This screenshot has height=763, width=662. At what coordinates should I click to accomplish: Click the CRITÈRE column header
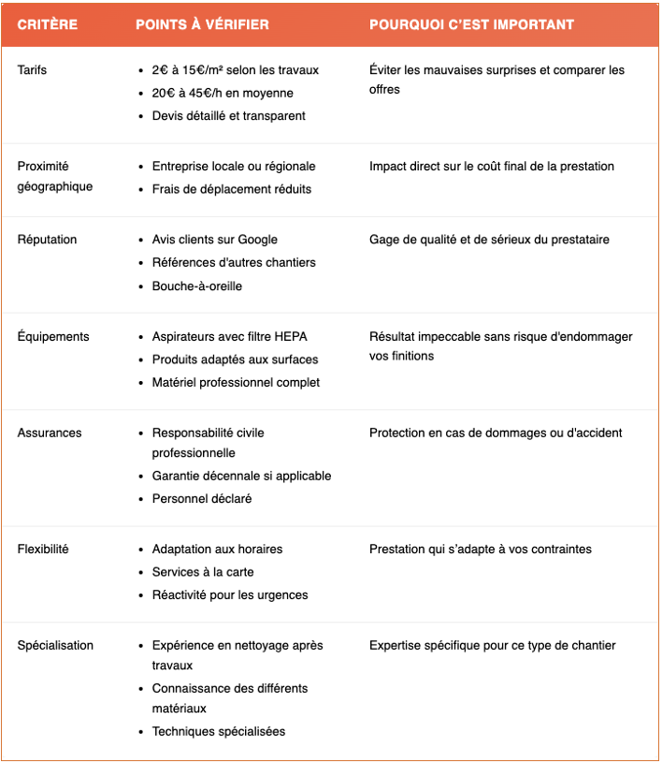coord(47,24)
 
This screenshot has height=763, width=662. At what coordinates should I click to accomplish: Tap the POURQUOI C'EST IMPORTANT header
coord(471,24)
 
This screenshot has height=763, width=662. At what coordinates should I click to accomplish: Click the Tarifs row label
coord(32,70)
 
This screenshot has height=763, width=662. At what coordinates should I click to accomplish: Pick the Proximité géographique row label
coord(54,176)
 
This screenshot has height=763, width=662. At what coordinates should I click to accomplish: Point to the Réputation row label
coord(47,240)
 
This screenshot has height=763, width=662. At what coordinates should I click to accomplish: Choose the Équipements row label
coord(53,336)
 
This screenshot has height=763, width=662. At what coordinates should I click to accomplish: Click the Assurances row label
coord(50,433)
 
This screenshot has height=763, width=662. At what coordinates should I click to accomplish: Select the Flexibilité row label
coord(43,549)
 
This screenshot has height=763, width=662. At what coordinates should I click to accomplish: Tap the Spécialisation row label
coord(55,645)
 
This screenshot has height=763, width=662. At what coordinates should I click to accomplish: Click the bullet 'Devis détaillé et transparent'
coord(228,116)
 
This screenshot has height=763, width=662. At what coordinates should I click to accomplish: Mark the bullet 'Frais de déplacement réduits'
coord(232,189)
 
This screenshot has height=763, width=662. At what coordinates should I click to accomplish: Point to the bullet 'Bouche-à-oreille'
coord(196,286)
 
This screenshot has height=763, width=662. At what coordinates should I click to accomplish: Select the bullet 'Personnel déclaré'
coord(202,498)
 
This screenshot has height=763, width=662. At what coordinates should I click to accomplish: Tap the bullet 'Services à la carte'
coord(203,572)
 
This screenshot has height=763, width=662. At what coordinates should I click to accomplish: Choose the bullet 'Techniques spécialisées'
coord(219,731)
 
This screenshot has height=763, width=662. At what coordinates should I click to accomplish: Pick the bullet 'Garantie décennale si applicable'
coord(241,476)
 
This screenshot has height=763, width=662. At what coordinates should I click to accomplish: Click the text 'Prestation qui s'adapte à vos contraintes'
coord(480,549)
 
